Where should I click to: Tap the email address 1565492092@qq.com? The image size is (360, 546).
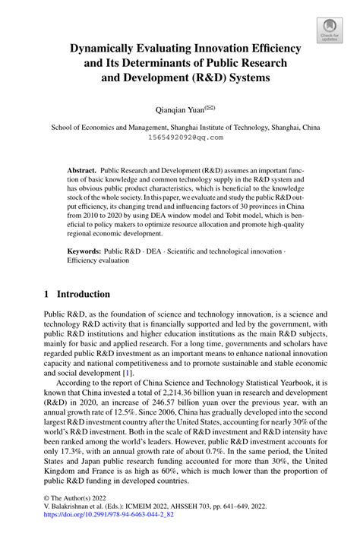point(180,138)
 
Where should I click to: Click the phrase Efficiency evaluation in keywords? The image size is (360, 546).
point(98,260)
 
